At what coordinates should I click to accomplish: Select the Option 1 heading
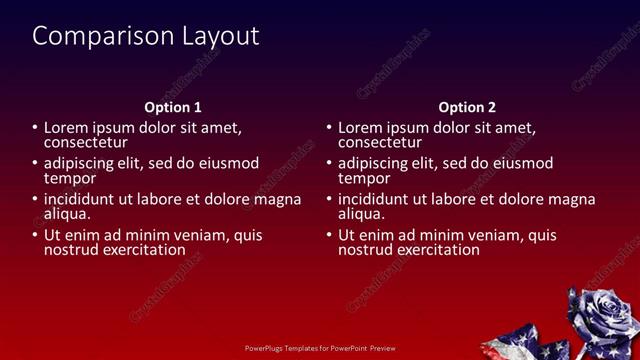point(173,107)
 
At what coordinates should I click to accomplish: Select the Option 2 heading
point(467,107)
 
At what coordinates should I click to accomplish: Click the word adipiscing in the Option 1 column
point(83,163)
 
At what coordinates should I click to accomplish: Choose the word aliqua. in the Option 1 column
point(67,213)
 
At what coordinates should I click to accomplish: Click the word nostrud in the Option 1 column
point(70,249)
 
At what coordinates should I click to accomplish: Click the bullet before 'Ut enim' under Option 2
point(330,236)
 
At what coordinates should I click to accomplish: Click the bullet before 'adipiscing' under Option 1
point(36,164)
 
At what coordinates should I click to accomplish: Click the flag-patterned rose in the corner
point(600,320)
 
